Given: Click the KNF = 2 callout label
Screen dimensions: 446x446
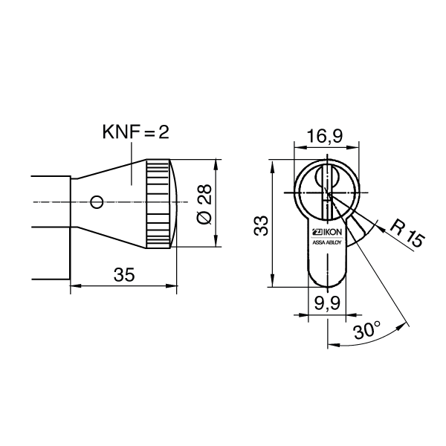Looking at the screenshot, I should click(x=136, y=133).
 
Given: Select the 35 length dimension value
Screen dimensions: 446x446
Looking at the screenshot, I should click(x=123, y=274).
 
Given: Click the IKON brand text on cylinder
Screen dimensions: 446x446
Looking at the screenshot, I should click(x=329, y=231).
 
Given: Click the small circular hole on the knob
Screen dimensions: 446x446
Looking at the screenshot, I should click(x=94, y=201).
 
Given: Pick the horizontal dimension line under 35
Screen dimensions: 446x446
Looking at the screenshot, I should click(x=123, y=285).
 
